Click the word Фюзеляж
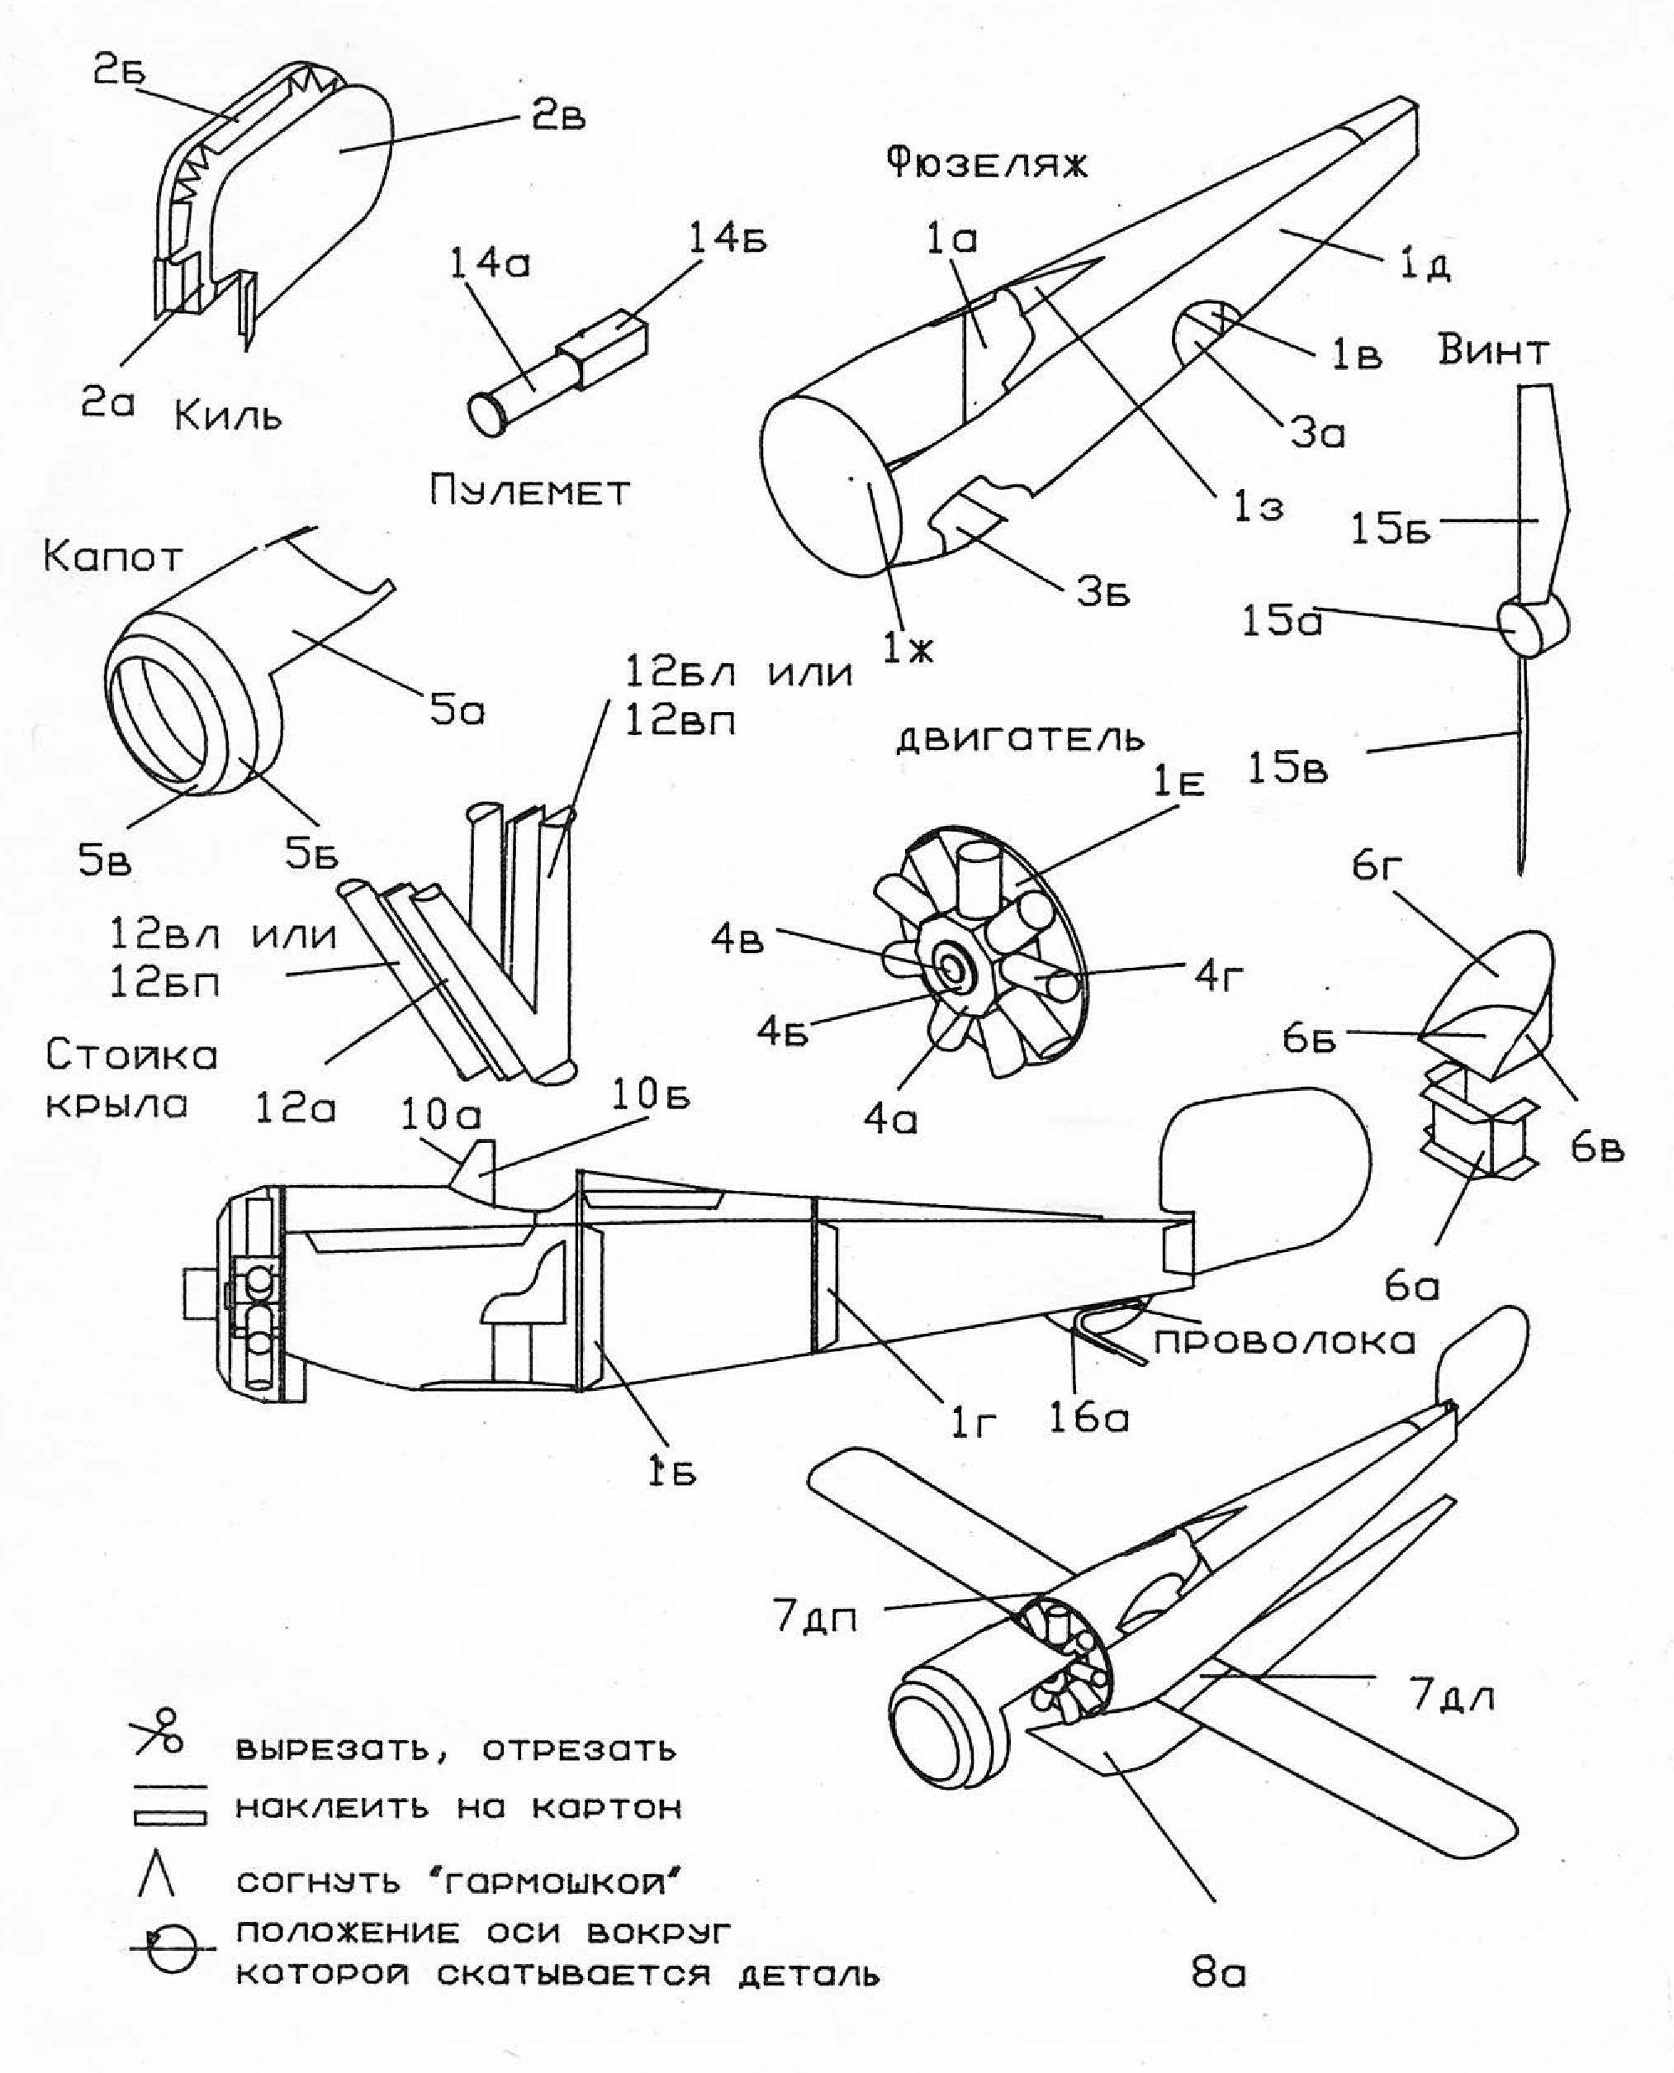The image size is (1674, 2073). click(x=985, y=163)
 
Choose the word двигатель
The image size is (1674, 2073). click(x=1020, y=739)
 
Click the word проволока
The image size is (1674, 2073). click(x=1284, y=1341)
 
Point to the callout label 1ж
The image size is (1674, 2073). click(x=908, y=651)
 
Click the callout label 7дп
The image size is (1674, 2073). click(x=815, y=1618)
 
